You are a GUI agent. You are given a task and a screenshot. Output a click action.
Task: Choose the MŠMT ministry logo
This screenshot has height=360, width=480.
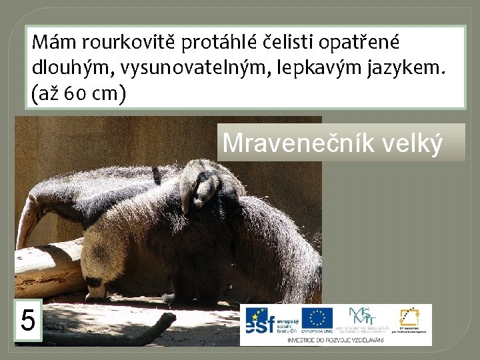click(363, 319)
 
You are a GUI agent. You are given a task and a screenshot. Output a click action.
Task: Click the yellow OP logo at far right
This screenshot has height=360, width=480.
click(410, 319)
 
